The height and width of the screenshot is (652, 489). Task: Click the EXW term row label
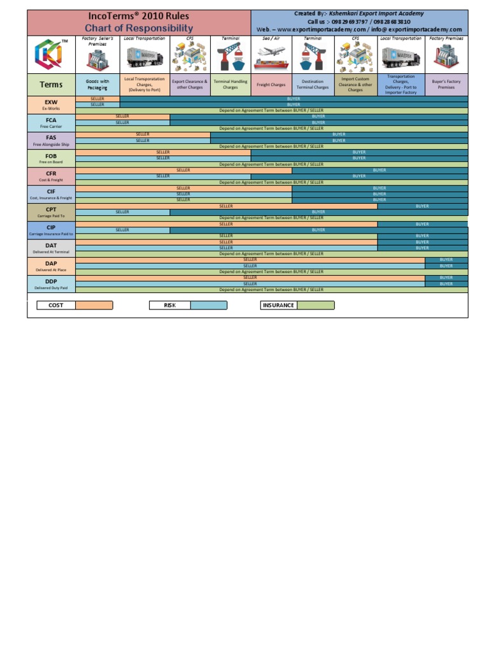click(51, 104)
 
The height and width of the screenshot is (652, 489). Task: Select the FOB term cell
click(51, 159)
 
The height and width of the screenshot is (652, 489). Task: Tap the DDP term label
click(51, 284)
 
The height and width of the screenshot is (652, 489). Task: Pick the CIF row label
click(51, 194)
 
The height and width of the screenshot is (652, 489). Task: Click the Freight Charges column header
click(271, 85)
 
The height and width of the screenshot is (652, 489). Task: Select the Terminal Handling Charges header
click(230, 85)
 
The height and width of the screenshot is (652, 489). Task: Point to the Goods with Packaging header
click(97, 85)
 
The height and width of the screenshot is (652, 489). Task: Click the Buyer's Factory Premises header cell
click(446, 85)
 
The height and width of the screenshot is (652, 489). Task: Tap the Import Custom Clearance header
click(355, 85)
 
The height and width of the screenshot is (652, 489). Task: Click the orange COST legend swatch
click(94, 305)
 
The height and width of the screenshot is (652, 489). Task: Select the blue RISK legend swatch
click(208, 305)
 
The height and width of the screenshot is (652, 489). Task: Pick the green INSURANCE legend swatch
click(316, 305)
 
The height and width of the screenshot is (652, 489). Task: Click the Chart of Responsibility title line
click(139, 28)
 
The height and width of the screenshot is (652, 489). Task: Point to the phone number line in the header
click(359, 22)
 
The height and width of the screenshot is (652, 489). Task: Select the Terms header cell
click(51, 85)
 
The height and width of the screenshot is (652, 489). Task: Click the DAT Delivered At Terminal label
click(51, 248)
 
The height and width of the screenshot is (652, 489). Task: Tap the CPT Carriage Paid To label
click(51, 212)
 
